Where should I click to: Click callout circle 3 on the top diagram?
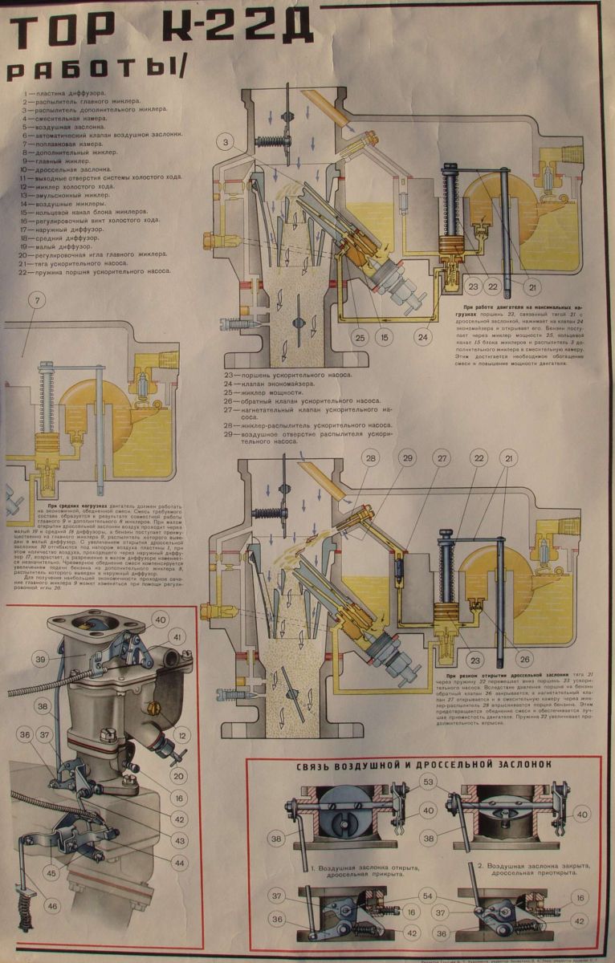227,143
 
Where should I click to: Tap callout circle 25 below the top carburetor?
360,338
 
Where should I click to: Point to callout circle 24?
422,338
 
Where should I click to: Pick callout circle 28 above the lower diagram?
370,458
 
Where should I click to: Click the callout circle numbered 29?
408,458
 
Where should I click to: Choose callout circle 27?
442,458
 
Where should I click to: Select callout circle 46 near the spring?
52,907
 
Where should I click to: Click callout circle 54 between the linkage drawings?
428,896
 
